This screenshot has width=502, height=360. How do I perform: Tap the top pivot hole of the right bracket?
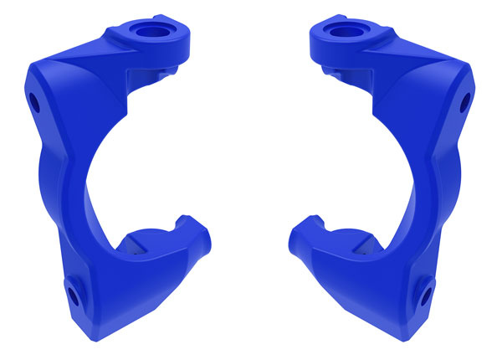(x=343, y=32)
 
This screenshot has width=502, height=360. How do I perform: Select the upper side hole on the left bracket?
(x=34, y=104)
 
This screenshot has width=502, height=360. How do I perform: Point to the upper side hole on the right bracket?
(x=466, y=104)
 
